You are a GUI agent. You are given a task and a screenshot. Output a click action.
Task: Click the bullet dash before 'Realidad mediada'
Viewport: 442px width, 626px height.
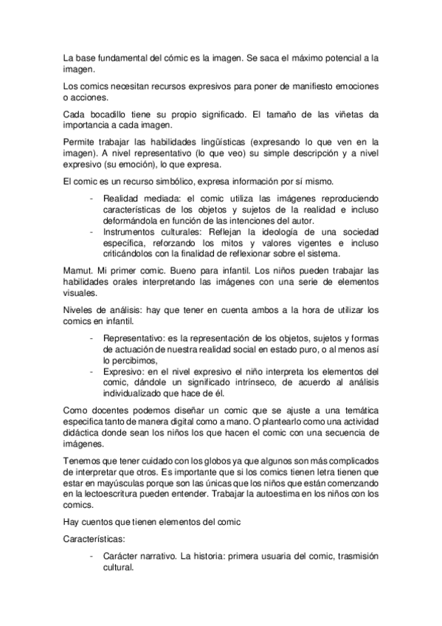click(91, 199)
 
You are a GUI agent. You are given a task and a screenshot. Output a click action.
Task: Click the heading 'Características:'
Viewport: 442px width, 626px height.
click(92, 540)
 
